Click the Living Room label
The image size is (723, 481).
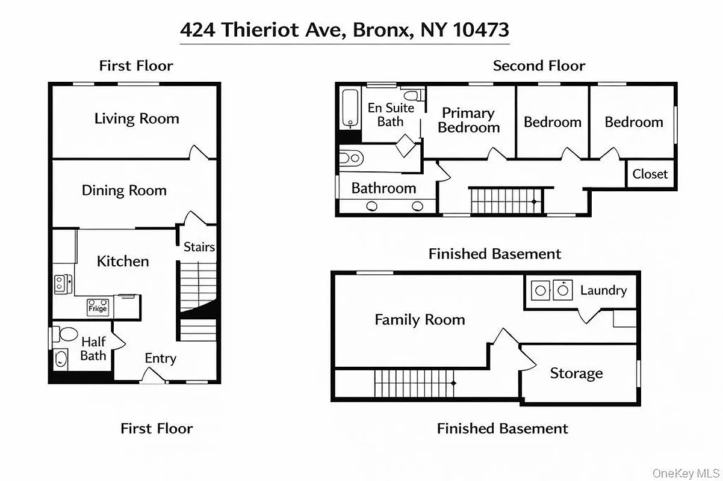click(137, 118)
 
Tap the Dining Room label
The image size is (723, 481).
click(124, 191)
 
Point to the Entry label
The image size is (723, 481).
click(160, 358)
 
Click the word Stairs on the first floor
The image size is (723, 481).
click(199, 247)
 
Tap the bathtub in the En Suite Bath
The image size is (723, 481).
click(349, 108)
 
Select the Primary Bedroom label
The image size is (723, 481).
click(468, 120)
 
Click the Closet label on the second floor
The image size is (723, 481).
click(650, 174)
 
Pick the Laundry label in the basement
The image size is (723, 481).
click(603, 290)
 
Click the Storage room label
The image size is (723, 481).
click(576, 373)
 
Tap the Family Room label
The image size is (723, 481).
click(420, 319)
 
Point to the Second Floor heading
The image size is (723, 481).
click(539, 66)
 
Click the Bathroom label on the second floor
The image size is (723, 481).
click(383, 188)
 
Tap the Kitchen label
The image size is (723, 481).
click(123, 261)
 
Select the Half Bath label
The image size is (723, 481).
click(93, 349)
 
